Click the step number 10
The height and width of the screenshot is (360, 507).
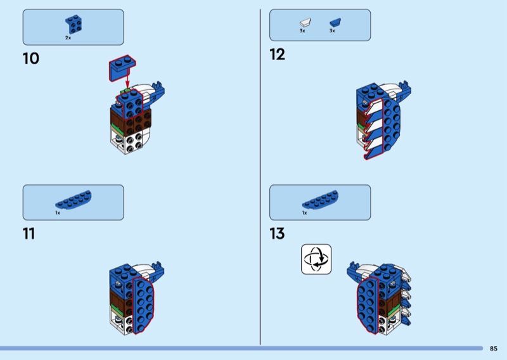click(x=30, y=59)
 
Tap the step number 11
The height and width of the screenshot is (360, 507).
click(x=29, y=234)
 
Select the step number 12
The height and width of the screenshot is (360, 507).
click(x=277, y=55)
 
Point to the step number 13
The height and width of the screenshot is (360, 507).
click(x=277, y=234)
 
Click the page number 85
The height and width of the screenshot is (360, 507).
click(x=494, y=348)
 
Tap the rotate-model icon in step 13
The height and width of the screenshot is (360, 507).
click(x=316, y=259)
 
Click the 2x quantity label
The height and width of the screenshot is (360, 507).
click(x=68, y=38)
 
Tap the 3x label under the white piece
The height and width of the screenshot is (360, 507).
click(x=302, y=31)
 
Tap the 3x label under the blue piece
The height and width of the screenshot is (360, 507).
click(x=331, y=31)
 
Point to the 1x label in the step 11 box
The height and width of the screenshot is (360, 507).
click(x=58, y=213)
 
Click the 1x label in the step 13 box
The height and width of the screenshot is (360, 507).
click(x=304, y=213)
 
